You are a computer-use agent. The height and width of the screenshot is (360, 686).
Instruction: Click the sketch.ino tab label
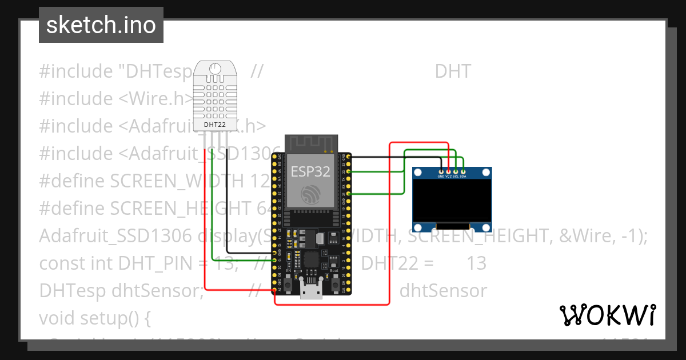101,25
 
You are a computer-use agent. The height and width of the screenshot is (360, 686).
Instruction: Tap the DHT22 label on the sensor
214,123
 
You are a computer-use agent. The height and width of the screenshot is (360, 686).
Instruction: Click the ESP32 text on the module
310,171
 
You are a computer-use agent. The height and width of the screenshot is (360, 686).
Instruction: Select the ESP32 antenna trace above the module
309,143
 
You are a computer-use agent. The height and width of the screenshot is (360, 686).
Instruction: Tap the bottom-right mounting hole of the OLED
485,228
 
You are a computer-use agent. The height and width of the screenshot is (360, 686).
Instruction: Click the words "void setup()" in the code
94,318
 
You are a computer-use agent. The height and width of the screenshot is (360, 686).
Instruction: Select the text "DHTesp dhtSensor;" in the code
122,290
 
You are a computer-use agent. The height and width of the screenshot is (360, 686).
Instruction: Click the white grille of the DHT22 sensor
214,94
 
